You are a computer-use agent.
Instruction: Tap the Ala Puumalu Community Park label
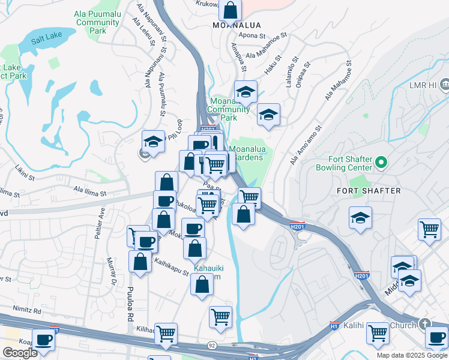point(97,22)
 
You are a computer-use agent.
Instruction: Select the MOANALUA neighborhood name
point(235,25)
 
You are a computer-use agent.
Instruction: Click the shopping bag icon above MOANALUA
point(230,10)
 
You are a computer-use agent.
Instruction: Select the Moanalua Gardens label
point(246,153)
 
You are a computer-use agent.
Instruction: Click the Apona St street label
point(252,36)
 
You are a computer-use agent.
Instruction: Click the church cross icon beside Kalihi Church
point(425,324)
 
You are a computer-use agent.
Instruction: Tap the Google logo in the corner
point(20,353)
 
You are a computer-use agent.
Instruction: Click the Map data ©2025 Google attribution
point(411,355)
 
